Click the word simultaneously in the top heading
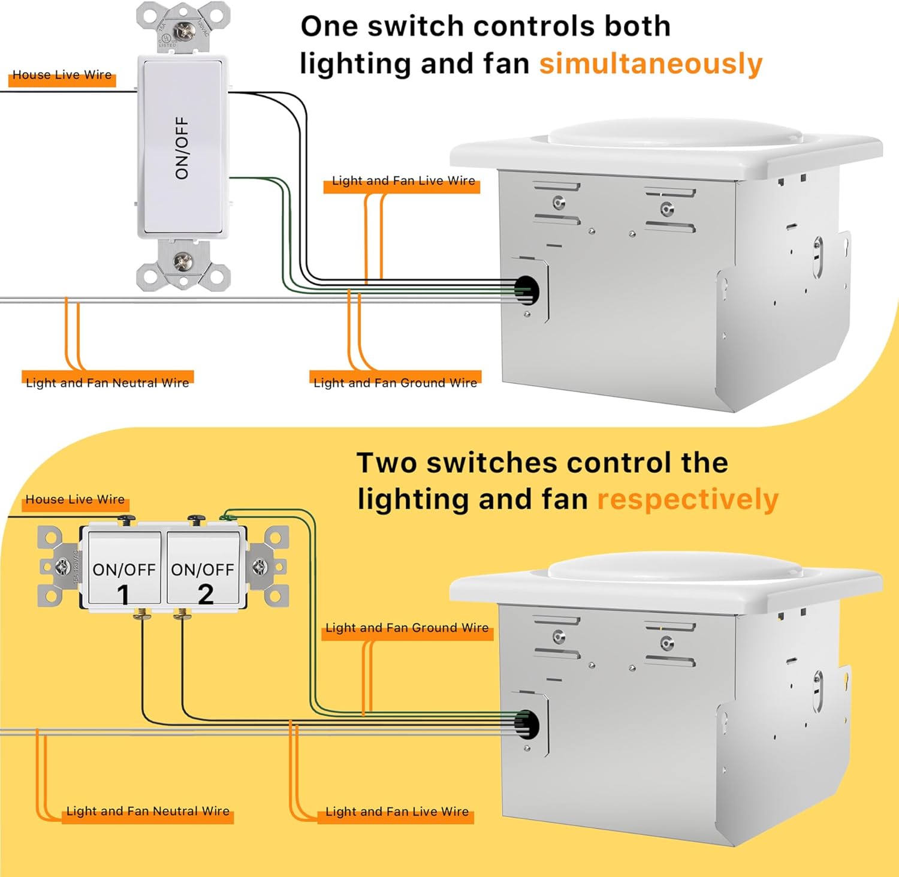coord(650,64)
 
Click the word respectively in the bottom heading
coord(687,499)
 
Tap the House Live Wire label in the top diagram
coord(62,76)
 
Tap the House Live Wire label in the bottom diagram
coord(75,500)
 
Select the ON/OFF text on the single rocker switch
coord(182,147)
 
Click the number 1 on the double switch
coord(123,595)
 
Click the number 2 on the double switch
coord(206,594)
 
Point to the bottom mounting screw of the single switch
coord(182,261)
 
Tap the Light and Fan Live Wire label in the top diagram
coord(403,181)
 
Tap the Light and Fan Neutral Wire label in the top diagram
coord(107,383)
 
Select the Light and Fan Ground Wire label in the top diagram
coord(395,383)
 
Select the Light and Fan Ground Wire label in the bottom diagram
coord(407,628)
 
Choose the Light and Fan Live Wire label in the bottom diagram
coord(397,812)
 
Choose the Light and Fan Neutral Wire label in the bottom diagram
coord(147,812)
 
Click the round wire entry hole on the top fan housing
coord(527,291)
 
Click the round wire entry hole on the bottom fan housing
coord(527,725)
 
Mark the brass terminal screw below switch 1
coord(142,614)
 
